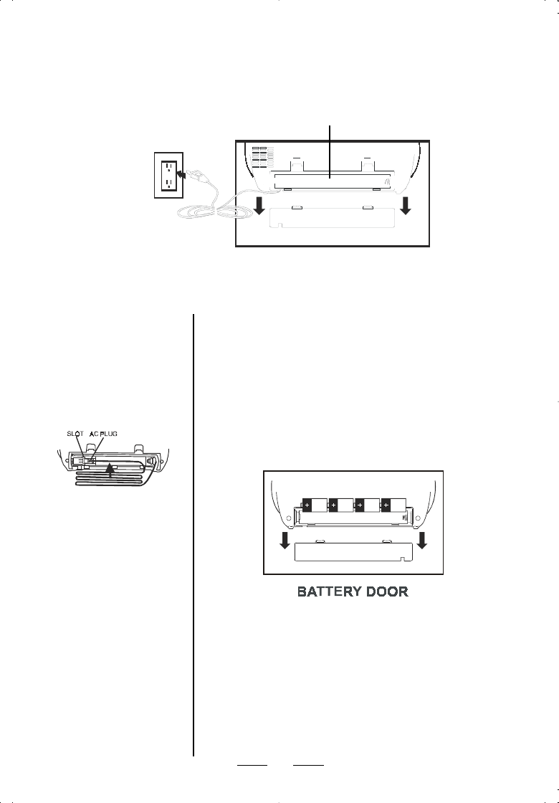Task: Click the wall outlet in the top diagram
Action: coord(167,175)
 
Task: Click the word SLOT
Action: coord(75,434)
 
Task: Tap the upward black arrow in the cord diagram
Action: coord(110,468)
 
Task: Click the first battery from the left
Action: coord(314,505)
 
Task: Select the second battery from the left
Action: coord(340,505)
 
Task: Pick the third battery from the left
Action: coord(367,505)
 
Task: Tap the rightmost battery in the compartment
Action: coord(393,505)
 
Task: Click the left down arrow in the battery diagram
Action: coord(285,538)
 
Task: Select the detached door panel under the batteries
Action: coord(354,551)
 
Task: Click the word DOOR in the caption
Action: coord(386,593)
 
